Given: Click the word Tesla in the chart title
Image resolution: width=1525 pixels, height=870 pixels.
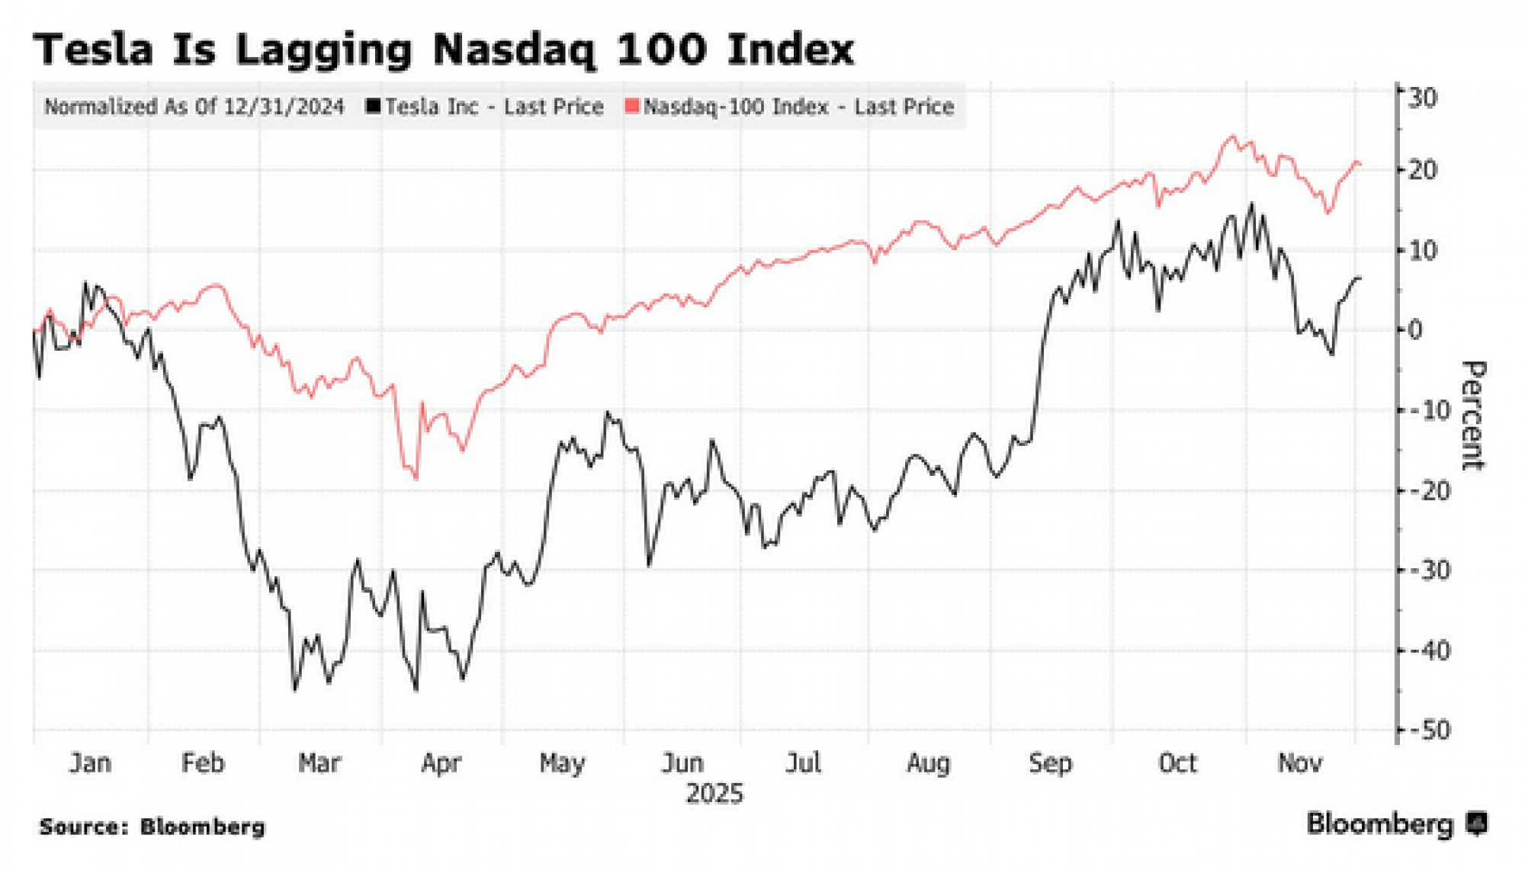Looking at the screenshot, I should click(93, 50).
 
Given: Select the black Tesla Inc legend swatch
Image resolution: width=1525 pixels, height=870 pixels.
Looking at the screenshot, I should click(373, 106).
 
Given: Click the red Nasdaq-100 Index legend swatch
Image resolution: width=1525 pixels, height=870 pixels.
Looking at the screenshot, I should click(631, 106).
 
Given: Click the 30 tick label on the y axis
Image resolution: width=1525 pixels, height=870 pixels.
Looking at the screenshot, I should click(1422, 98).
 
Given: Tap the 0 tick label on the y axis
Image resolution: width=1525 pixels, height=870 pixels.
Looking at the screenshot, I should click(1415, 330).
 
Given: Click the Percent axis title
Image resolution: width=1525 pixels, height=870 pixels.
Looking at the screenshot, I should click(1473, 416).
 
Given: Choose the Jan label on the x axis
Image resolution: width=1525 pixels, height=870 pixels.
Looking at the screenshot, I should click(90, 762).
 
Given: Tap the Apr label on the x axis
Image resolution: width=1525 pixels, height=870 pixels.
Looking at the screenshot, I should click(441, 762).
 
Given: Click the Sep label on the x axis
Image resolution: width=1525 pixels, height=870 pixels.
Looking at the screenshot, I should click(1050, 762).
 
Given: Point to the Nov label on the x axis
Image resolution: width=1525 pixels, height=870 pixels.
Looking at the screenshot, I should click(1299, 762).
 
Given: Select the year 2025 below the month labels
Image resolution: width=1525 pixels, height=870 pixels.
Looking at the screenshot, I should click(714, 794).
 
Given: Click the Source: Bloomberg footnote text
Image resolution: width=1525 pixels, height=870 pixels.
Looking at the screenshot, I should click(152, 827).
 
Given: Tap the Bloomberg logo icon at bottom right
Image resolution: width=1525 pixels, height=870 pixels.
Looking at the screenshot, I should click(1478, 824).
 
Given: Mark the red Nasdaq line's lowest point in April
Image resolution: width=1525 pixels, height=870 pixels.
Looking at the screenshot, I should click(416, 479).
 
